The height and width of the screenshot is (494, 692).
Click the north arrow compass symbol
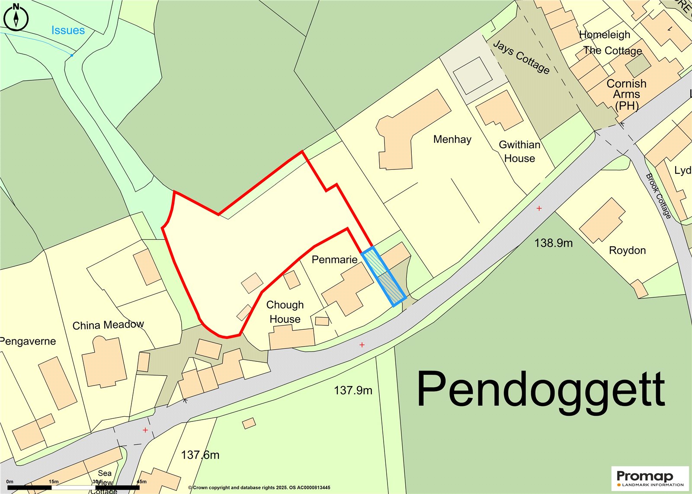coord(16,17)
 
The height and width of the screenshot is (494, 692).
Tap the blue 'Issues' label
coord(68,30)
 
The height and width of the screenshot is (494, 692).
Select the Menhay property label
coord(452,139)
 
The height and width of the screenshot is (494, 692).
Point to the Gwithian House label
coord(519,152)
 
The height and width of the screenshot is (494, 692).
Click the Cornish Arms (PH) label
coord(626,94)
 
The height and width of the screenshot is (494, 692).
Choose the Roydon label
coord(627,250)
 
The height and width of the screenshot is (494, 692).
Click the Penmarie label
coord(334,259)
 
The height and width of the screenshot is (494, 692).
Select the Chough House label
coord(285,312)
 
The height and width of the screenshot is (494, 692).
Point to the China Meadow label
coord(108,325)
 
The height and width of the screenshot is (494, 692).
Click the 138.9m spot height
coord(553,243)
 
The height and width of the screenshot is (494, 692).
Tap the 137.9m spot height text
coord(353,390)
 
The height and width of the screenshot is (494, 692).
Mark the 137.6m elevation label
coord(200,455)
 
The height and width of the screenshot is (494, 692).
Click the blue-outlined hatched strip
coord(384,277)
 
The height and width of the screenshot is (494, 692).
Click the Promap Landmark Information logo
coord(650,478)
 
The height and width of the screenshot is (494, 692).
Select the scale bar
coord(74,487)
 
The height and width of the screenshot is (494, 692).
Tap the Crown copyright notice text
coord(259,488)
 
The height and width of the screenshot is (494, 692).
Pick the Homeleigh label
coord(605,35)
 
